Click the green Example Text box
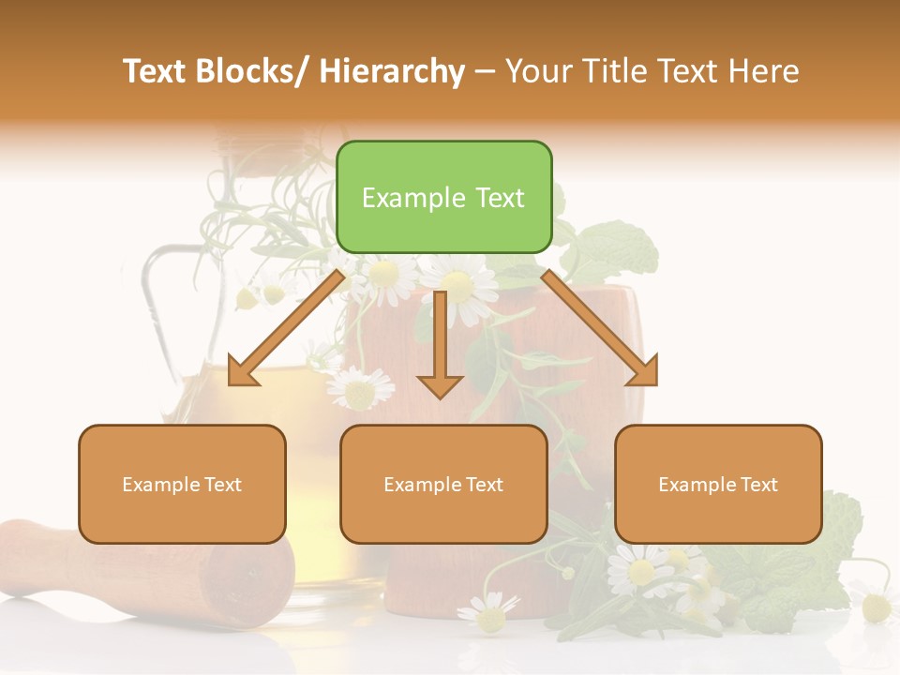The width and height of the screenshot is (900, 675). [443, 197]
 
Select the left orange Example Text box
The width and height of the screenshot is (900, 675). [182, 484]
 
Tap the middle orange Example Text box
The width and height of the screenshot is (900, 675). [443, 484]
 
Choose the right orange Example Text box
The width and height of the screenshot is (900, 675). [718, 484]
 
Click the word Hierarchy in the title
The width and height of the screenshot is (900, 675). [392, 71]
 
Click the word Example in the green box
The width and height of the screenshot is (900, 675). [413, 198]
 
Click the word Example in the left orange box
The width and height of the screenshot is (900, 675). [161, 484]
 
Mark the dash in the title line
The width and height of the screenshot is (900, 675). [485, 72]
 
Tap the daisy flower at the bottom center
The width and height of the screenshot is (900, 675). [488, 613]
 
